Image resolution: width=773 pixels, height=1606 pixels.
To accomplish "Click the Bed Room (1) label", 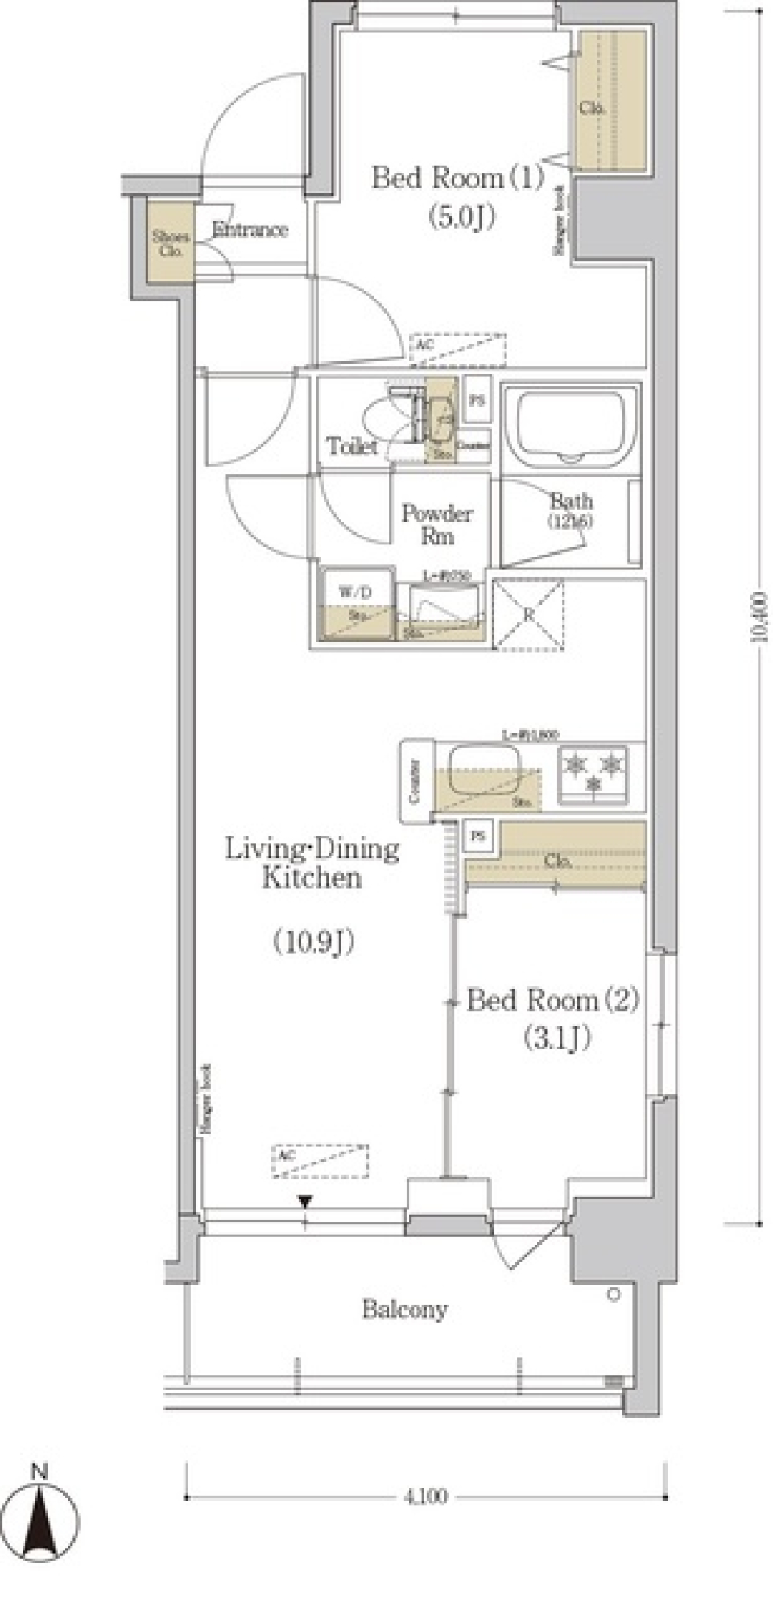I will coord(457,177).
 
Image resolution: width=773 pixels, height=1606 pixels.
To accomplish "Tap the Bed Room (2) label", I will coord(552,1000).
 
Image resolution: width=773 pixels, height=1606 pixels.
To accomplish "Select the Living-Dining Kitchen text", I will coord(312,863).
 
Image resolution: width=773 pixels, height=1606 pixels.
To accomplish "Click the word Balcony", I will coord(404,1310).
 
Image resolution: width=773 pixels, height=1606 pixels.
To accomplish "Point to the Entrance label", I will coord(250,230).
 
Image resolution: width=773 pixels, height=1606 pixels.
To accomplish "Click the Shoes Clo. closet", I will coord(171,242).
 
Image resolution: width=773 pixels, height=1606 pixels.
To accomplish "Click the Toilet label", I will coord(352,447).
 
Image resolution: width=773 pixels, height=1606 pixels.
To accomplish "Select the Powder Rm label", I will coord(437,524).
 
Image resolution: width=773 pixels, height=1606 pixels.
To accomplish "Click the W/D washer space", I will coord(356,604).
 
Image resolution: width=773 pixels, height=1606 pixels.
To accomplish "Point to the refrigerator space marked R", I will coord(528,613).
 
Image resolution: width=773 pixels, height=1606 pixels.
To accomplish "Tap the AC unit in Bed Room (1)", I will coord(458,350).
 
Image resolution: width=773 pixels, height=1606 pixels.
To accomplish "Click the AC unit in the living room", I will coord(320,1162).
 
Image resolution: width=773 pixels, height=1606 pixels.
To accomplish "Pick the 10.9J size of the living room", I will coord(312,940).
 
